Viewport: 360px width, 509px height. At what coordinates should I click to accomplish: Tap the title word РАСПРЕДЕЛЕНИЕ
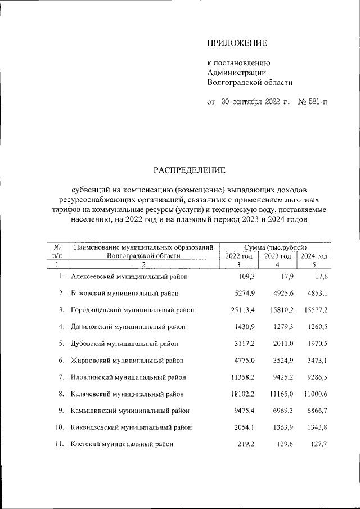tap(190, 169)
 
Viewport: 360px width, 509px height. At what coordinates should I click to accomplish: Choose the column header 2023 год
tap(277, 256)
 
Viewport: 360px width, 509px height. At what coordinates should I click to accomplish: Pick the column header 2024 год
tap(314, 256)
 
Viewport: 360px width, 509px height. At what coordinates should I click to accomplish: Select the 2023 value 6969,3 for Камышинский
tap(278, 411)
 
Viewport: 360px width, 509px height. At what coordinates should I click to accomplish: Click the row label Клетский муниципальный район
tap(121, 444)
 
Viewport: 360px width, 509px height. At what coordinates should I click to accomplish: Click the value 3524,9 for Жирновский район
tap(278, 360)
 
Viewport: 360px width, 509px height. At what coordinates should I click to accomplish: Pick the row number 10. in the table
tap(60, 427)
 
